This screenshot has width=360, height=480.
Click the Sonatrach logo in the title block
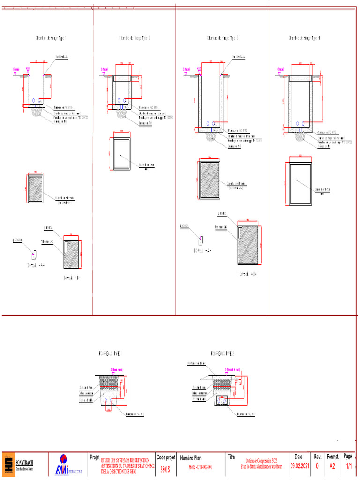coord(9,465)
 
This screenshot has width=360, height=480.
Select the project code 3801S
coord(165,468)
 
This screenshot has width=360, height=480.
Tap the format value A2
coord(332,466)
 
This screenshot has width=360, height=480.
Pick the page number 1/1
coord(348,466)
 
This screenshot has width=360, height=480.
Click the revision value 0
coord(317,466)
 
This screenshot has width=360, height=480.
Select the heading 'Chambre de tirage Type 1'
coord(51,38)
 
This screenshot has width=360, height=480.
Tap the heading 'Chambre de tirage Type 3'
coord(223,38)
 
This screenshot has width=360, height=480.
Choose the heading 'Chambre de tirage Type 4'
coord(305,38)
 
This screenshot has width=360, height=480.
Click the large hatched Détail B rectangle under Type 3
coord(248,246)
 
